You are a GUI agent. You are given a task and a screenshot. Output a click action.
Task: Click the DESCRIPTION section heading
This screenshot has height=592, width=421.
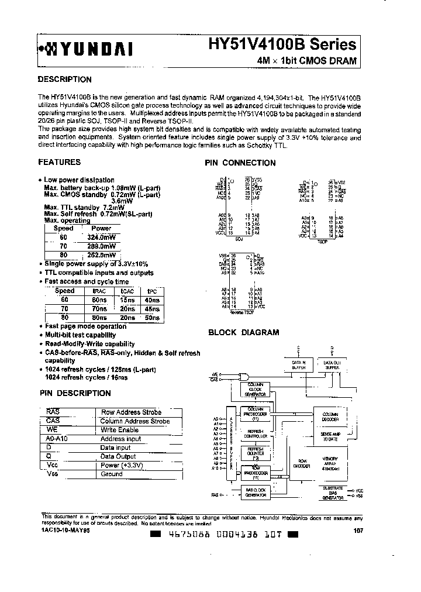[64, 80]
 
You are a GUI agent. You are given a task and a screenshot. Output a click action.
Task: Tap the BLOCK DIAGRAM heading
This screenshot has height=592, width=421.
[244, 332]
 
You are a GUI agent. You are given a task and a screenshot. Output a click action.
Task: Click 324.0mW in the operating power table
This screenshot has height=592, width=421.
[101, 238]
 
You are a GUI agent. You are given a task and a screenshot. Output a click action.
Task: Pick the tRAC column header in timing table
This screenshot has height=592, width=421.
[101, 291]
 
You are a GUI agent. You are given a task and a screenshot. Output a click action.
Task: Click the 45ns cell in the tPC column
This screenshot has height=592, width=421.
[152, 308]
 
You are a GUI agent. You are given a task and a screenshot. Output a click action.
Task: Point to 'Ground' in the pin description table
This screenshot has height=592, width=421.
[112, 474]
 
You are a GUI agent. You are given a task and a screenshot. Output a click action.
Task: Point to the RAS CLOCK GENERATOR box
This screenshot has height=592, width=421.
[255, 492]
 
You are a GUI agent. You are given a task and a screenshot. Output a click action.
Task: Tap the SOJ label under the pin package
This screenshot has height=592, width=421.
[238, 239]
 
